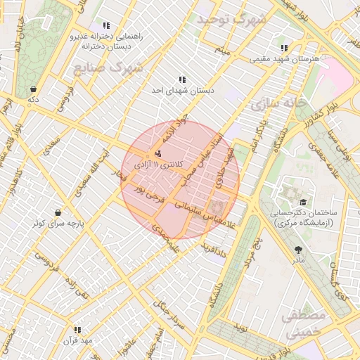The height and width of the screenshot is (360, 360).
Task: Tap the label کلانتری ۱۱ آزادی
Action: point(159,165)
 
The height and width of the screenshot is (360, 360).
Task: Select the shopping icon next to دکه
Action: point(33,89)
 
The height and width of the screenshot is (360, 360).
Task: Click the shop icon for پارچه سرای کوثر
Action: point(58,212)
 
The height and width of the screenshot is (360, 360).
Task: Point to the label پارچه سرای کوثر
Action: point(58,224)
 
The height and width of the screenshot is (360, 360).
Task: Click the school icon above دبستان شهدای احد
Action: point(182,80)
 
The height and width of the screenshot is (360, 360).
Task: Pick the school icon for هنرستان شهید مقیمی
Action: point(284,48)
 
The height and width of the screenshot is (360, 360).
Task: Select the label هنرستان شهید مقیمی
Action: point(285,59)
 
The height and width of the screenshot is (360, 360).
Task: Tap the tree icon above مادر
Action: point(299,250)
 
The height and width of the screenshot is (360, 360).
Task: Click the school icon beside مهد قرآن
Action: point(77,329)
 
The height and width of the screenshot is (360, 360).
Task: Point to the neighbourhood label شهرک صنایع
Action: point(108,69)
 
